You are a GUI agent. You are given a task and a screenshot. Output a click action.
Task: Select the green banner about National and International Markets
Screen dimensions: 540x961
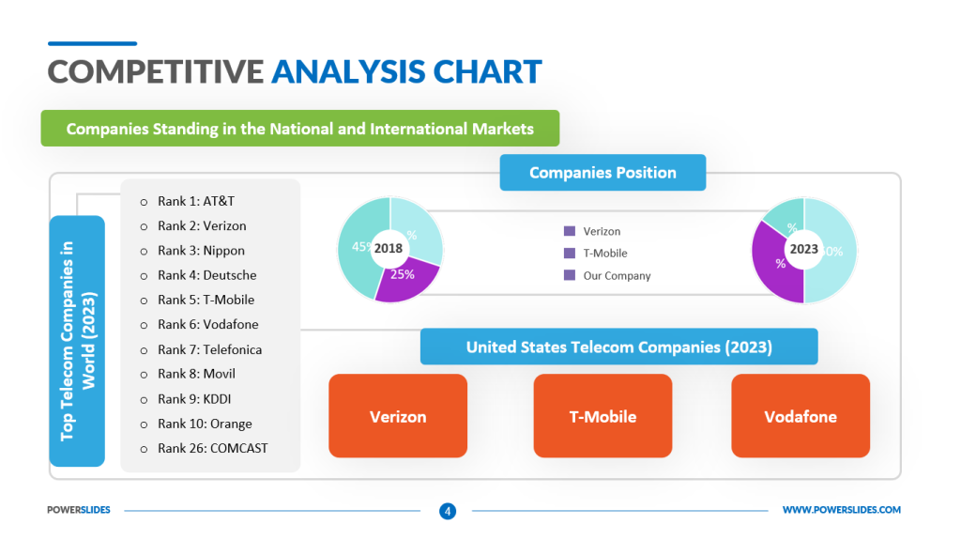(299, 129)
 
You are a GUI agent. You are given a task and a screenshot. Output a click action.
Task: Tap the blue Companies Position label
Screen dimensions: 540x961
(603, 173)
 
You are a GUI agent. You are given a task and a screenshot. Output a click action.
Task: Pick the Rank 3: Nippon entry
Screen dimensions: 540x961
(201, 251)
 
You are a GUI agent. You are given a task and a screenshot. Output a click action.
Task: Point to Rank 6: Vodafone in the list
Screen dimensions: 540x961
(207, 324)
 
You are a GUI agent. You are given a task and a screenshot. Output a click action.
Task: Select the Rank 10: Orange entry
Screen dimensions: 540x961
(205, 424)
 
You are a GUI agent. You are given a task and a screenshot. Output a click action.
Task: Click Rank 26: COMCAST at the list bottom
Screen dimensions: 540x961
(212, 448)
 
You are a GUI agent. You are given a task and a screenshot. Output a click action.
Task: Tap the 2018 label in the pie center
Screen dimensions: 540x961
(389, 249)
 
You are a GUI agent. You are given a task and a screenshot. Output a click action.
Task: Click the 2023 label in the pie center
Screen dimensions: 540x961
(803, 249)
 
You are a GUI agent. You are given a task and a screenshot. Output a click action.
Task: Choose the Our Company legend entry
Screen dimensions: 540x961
(617, 276)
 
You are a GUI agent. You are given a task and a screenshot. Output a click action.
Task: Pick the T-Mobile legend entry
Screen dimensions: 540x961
(605, 253)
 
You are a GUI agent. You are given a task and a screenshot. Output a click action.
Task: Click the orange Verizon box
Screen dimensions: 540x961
(398, 416)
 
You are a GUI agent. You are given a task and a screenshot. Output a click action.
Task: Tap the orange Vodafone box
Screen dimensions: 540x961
(801, 416)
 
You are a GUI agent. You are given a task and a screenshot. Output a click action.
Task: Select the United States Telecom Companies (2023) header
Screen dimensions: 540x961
(618, 347)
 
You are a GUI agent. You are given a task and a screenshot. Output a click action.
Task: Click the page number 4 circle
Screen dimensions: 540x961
(448, 511)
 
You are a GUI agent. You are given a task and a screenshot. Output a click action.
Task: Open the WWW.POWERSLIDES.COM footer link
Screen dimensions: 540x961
(841, 510)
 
